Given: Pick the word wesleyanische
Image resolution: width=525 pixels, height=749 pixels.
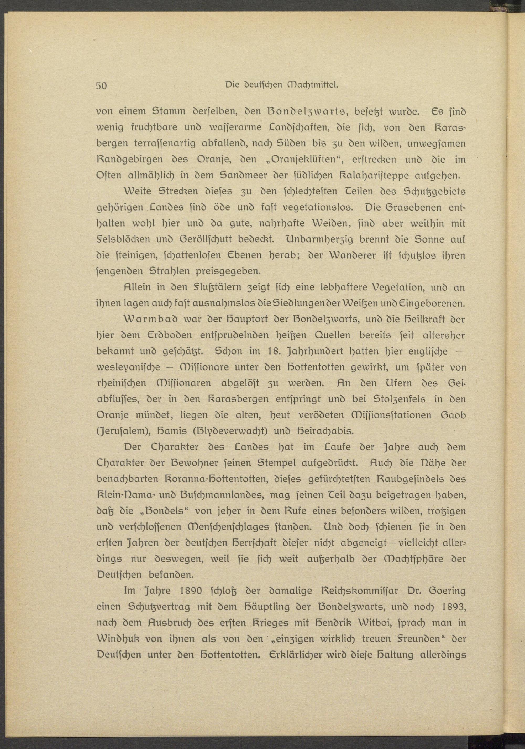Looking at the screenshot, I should click(x=129, y=367).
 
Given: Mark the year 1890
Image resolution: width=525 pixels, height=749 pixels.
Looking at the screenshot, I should click(x=185, y=590).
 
